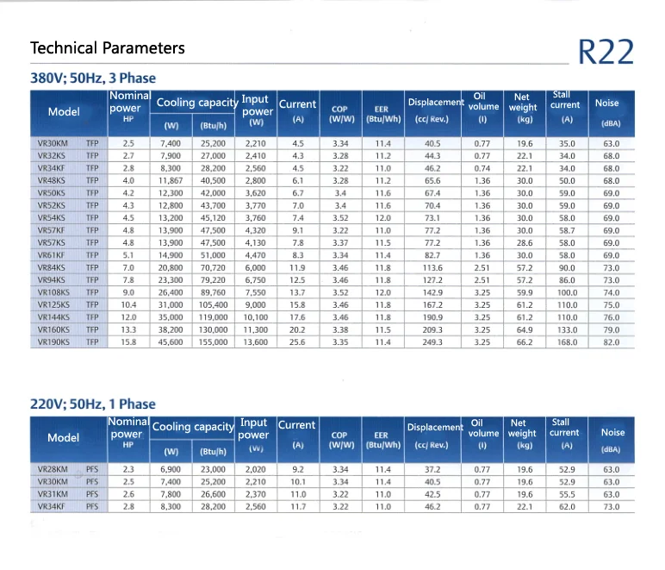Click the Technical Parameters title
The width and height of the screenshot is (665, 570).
[108, 47]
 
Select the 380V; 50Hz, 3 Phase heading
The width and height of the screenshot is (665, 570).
[93, 78]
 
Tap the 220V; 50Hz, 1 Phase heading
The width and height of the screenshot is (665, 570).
[93, 404]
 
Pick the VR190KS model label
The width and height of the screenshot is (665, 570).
[53, 342]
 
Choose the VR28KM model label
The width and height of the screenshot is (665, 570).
[53, 469]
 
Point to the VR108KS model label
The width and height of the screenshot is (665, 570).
[53, 292]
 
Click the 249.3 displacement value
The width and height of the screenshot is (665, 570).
[432, 342]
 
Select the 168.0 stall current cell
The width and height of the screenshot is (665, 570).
[566, 342]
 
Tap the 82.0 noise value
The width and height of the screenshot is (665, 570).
[611, 342]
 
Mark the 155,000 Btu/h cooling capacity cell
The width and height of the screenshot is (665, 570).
[213, 342]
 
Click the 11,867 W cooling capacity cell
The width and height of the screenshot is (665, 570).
[171, 181]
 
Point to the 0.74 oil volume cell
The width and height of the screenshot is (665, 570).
[482, 168]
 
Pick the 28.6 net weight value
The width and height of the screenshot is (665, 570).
[525, 243]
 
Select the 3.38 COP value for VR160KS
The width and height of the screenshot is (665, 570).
[340, 329]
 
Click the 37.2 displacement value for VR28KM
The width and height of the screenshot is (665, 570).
[432, 469]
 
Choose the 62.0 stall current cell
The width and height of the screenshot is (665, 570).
[566, 507]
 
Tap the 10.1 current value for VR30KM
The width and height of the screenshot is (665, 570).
[298, 482]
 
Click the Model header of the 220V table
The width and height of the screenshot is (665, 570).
[63, 437]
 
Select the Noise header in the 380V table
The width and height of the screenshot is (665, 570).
[606, 103]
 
